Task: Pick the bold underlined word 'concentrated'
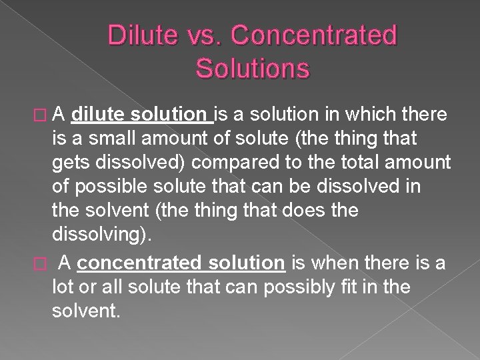pyautogui.click(x=141, y=264)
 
